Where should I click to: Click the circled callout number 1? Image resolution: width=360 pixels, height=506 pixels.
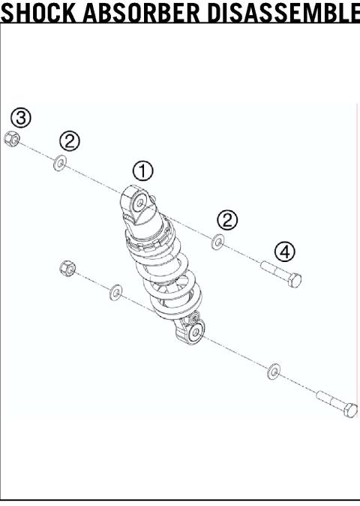pos(143,170)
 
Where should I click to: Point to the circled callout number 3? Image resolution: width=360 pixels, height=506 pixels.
pos(21,117)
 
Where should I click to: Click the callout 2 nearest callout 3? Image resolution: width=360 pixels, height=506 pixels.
pos(70,141)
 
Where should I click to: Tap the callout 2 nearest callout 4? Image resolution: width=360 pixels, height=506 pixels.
pos(226,220)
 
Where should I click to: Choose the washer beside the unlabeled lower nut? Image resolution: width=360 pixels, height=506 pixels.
pos(115,291)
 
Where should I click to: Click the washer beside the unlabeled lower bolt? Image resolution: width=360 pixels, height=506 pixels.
pos(274,370)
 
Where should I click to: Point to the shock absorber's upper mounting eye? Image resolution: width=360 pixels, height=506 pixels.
pos(138,203)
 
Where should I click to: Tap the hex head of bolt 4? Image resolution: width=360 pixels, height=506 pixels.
pos(295,279)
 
